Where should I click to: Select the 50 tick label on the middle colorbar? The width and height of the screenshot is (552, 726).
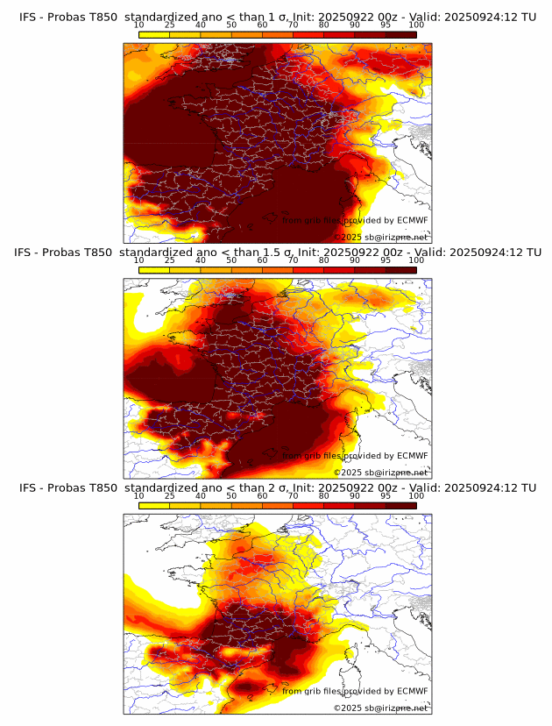(x=231, y=261)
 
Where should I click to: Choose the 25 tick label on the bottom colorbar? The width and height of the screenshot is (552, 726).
(x=170, y=496)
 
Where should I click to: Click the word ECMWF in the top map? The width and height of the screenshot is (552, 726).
(x=413, y=220)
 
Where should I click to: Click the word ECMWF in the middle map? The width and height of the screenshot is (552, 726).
(x=413, y=456)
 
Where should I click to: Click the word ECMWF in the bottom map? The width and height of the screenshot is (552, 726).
(x=413, y=691)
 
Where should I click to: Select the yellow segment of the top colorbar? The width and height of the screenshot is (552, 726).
(x=154, y=35)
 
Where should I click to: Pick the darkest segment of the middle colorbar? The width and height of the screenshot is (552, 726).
(x=400, y=270)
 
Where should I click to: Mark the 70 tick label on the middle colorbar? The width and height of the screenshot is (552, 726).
(x=293, y=261)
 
